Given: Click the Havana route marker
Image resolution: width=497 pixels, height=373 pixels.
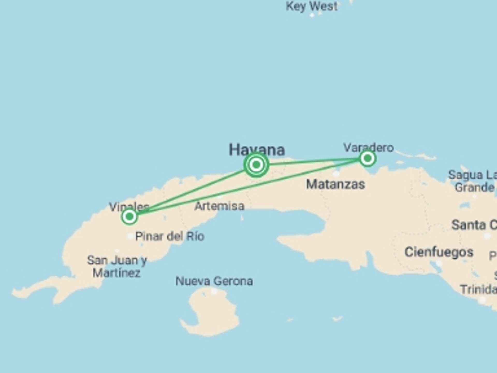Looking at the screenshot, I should [x=256, y=164].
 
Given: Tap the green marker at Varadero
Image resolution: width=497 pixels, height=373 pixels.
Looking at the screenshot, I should [x=367, y=158].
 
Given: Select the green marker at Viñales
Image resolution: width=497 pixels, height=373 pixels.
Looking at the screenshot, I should [x=129, y=216].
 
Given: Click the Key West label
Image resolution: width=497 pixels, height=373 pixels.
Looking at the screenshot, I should [x=312, y=6].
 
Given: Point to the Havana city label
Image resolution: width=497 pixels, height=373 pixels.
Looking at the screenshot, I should [x=257, y=150].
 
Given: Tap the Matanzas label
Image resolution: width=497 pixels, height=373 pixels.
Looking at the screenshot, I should [x=335, y=184].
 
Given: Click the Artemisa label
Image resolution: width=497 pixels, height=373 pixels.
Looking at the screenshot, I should [x=219, y=206].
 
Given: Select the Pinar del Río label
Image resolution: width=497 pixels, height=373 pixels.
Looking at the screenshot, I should [x=170, y=236].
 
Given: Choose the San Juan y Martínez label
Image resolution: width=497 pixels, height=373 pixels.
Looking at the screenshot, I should [x=117, y=266].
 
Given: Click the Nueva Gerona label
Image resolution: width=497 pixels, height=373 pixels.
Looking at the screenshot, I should [x=214, y=281].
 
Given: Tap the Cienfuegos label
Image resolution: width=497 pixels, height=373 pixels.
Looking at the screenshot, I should [x=439, y=252].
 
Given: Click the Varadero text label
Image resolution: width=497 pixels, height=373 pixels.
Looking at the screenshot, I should [x=368, y=147].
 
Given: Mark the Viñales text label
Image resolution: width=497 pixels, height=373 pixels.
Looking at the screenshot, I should [x=129, y=207].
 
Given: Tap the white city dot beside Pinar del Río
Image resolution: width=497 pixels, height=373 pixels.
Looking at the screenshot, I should [x=130, y=236].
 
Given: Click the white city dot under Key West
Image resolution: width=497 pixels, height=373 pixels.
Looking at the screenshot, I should [x=312, y=15].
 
